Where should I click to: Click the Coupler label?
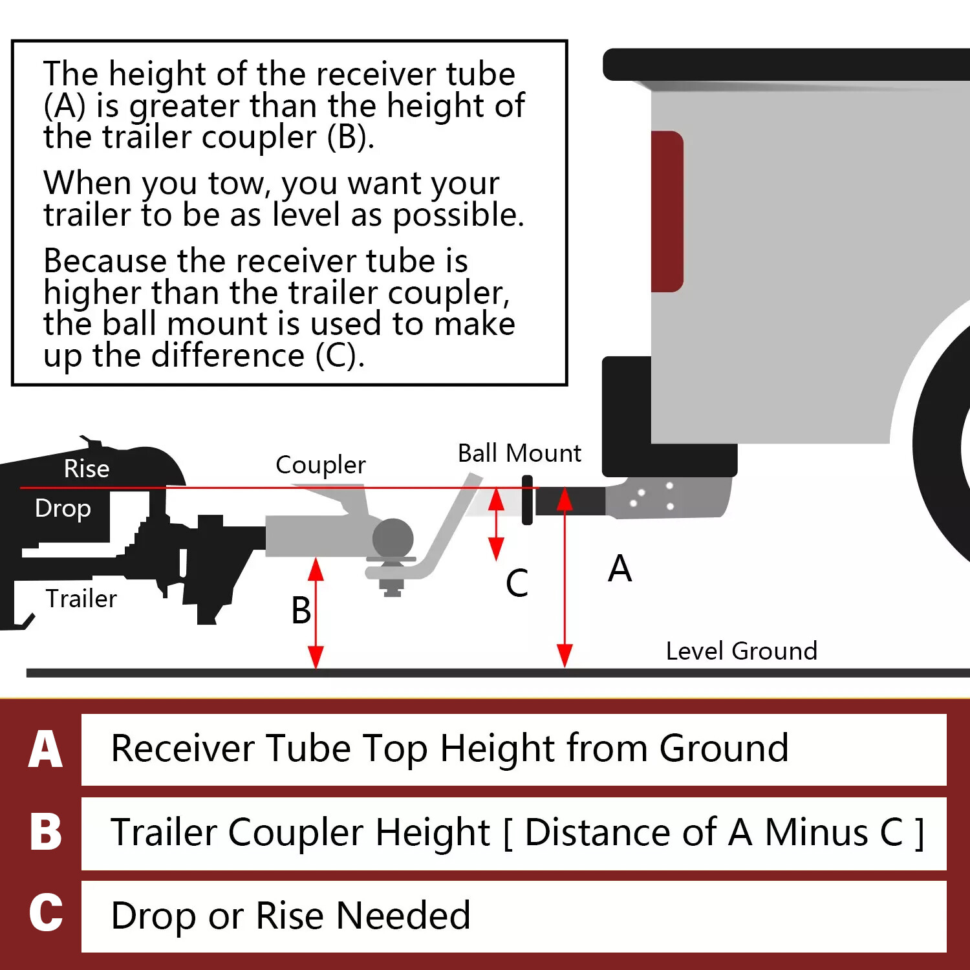click(x=320, y=465)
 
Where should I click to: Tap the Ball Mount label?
click(x=519, y=453)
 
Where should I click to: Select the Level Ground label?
click(x=741, y=651)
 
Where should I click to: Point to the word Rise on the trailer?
click(x=87, y=469)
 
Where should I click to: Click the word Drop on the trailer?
click(x=63, y=508)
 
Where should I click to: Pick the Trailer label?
click(x=81, y=599)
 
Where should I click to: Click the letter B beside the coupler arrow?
click(x=301, y=610)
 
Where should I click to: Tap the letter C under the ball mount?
click(x=517, y=583)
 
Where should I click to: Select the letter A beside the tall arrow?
click(x=620, y=569)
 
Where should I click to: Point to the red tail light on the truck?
click(x=667, y=211)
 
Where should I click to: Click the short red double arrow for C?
click(x=496, y=524)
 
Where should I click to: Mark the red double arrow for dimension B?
click(x=316, y=612)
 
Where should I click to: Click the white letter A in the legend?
click(x=45, y=749)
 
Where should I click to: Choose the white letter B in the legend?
click(x=45, y=832)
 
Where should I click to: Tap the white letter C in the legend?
click(x=45, y=913)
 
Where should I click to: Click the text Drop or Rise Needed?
click(x=290, y=916)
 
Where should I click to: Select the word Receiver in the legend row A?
click(x=184, y=749)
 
